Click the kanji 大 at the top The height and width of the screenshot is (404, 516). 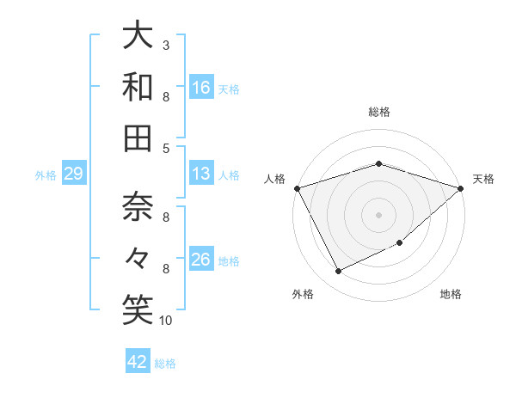pos(138,35)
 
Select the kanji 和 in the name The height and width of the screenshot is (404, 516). pos(138,86)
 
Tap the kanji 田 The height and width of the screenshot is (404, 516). pos(138,138)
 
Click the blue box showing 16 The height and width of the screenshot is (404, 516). pos(201,87)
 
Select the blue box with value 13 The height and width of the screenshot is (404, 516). pos(201,174)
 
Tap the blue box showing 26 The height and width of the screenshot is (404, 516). pos(201,260)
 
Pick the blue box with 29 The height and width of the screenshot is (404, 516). pos(73,174)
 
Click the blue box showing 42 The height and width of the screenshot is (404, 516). pos(138,362)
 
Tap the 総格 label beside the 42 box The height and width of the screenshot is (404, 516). pos(165,364)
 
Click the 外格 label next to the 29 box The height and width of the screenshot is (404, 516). pos(46,175)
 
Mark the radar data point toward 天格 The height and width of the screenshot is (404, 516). pos(461,188)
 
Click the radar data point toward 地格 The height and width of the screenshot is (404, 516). pos(401,243)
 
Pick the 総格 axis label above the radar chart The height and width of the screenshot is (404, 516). pos(378,112)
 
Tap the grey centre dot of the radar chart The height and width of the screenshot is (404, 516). pos(378,213)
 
